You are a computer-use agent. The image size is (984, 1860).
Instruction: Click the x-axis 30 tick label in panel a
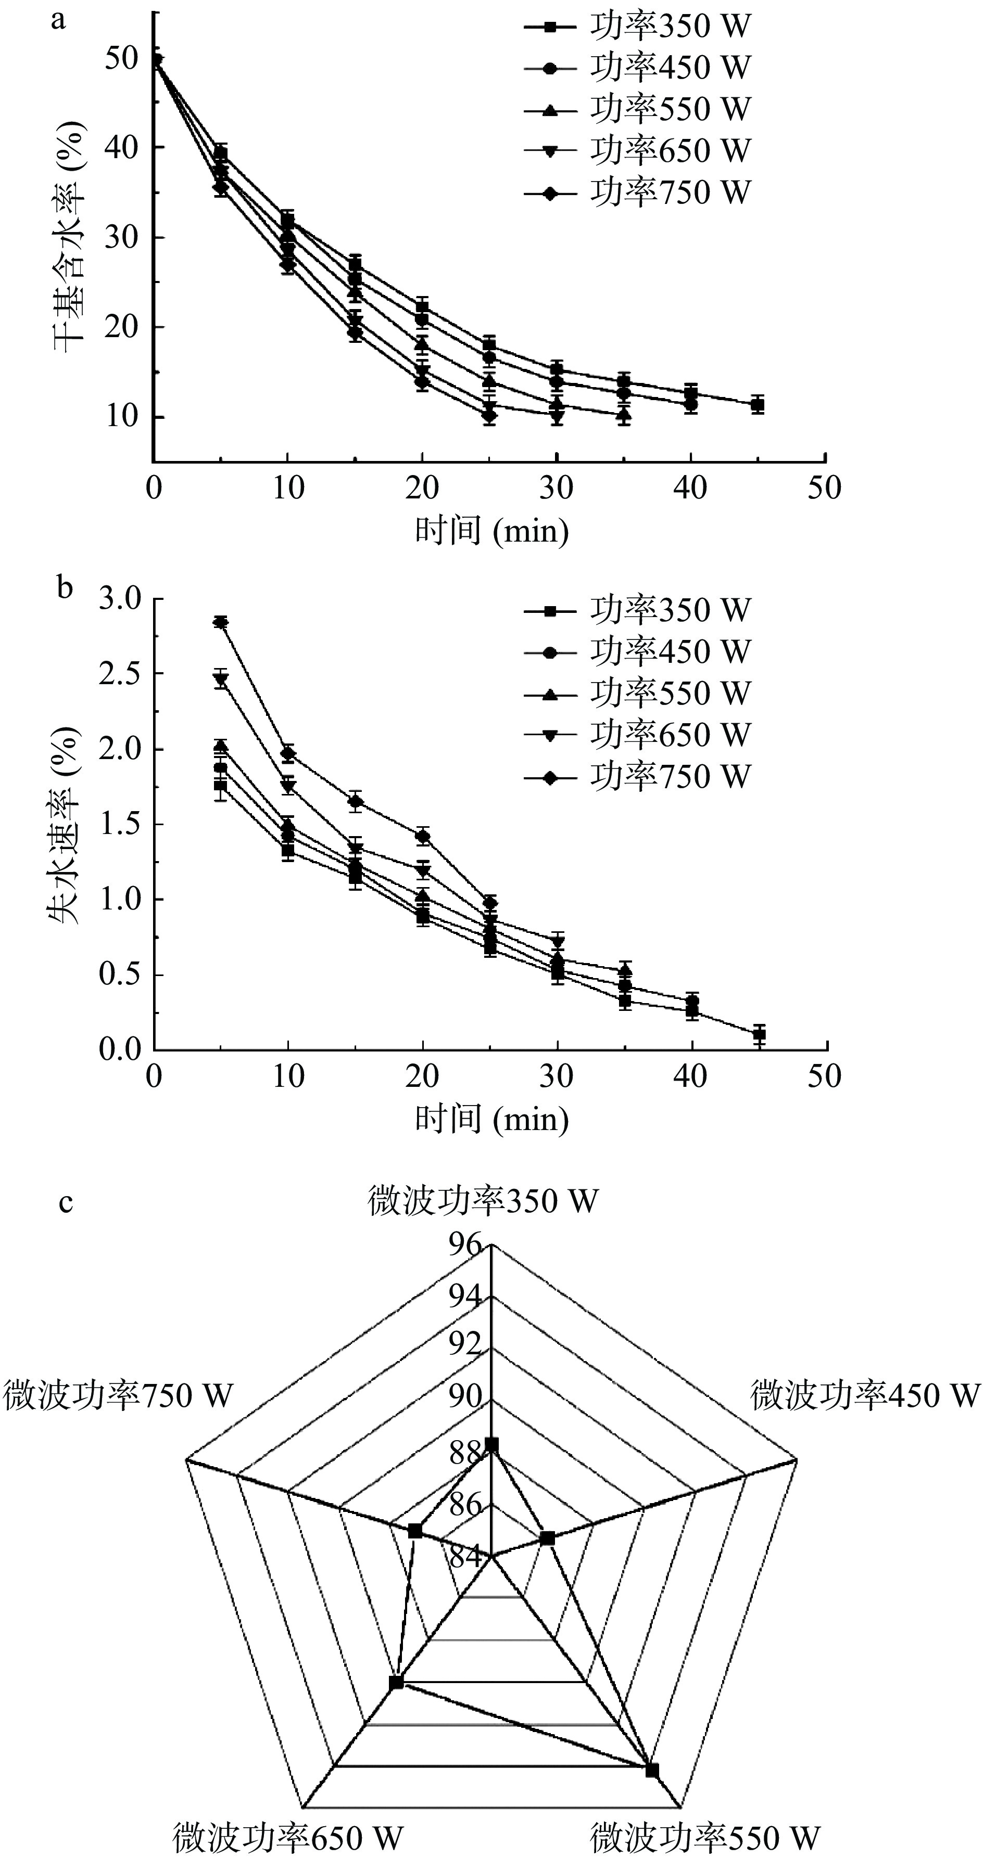tap(557, 489)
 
